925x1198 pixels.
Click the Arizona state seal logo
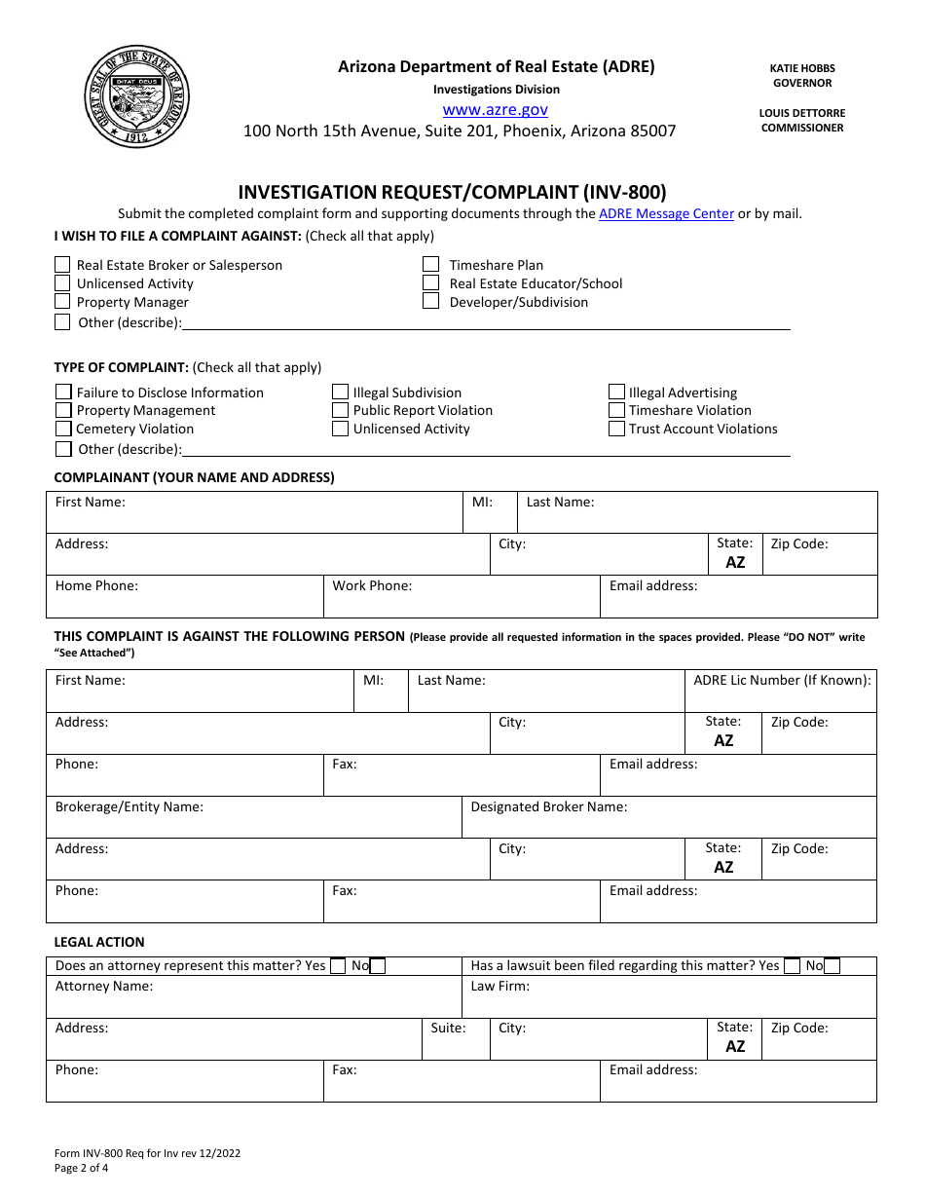pyautogui.click(x=136, y=97)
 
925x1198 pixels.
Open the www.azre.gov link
pyautogui.click(x=495, y=110)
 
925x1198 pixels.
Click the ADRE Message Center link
pyautogui.click(x=666, y=213)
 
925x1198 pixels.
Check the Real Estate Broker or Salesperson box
pyautogui.click(x=62, y=265)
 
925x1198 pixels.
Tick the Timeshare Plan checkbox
pyautogui.click(x=430, y=264)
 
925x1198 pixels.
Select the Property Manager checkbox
pyautogui.click(x=62, y=302)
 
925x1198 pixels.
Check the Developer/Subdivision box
pyautogui.click(x=430, y=302)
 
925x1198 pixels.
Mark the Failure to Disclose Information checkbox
pyautogui.click(x=63, y=392)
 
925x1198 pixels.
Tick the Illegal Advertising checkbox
pyautogui.click(x=616, y=392)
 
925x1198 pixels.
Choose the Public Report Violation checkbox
pyautogui.click(x=340, y=410)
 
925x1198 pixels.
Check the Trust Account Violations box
pyautogui.click(x=616, y=429)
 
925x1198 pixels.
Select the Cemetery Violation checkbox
pyautogui.click(x=63, y=429)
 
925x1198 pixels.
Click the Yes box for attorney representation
pyautogui.click(x=338, y=966)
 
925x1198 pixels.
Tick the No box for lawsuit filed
pyautogui.click(x=832, y=966)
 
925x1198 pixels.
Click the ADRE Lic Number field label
pyautogui.click(x=782, y=680)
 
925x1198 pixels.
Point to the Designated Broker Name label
pyautogui.click(x=548, y=806)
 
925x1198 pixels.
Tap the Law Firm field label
pyautogui.click(x=499, y=986)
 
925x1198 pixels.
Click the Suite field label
pyautogui.click(x=448, y=1028)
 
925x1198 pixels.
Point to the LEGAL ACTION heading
pyautogui.click(x=99, y=942)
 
